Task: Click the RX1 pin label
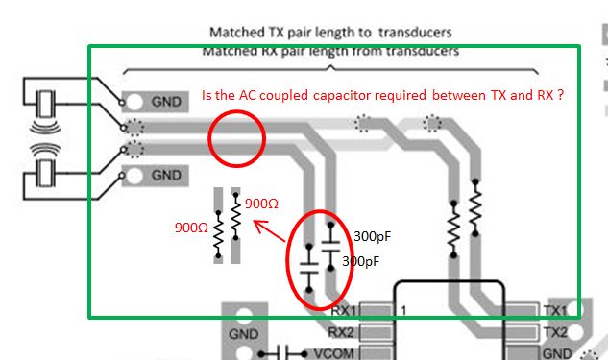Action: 345,311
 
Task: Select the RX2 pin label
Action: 344,331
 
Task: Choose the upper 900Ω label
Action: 262,204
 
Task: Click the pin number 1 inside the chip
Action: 404,310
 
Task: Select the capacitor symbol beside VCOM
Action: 283,351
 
